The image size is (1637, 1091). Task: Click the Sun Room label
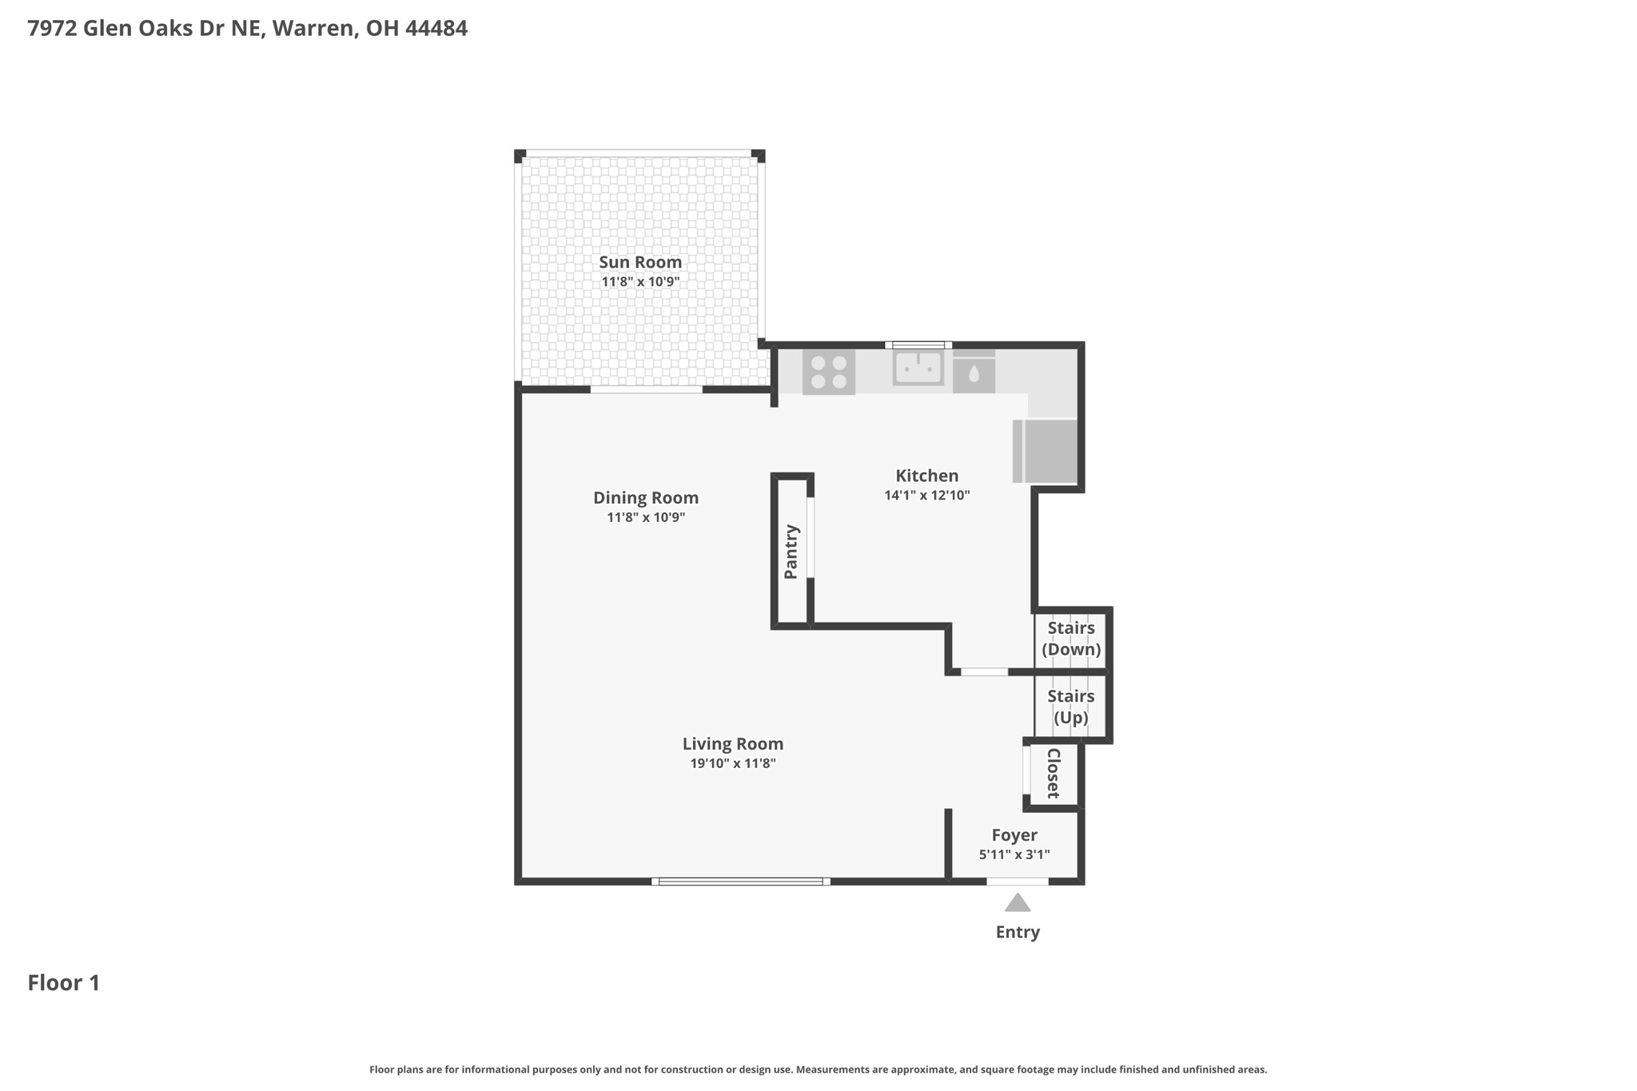pyautogui.click(x=640, y=262)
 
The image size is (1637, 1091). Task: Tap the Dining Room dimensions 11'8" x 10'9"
pyautogui.click(x=646, y=517)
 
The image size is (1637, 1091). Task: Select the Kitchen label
pyautogui.click(x=926, y=476)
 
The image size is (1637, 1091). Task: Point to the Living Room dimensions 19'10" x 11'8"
pyautogui.click(x=733, y=763)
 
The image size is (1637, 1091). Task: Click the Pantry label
pyautogui.click(x=791, y=551)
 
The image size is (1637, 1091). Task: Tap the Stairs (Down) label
pyautogui.click(x=1071, y=639)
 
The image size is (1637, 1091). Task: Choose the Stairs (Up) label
pyautogui.click(x=1071, y=707)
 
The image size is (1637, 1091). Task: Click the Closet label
pyautogui.click(x=1053, y=773)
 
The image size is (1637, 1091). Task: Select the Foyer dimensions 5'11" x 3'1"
pyautogui.click(x=1014, y=854)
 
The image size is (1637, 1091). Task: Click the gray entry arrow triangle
pyautogui.click(x=1018, y=904)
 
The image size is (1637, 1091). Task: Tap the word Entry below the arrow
pyautogui.click(x=1018, y=932)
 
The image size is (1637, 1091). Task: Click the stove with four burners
pyautogui.click(x=829, y=372)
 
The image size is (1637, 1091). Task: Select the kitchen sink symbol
pyautogui.click(x=918, y=368)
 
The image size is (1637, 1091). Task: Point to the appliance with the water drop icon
pyautogui.click(x=974, y=372)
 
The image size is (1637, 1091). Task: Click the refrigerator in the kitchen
pyautogui.click(x=1045, y=451)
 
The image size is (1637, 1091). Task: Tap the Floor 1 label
pyautogui.click(x=64, y=983)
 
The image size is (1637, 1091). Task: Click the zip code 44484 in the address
pyautogui.click(x=436, y=29)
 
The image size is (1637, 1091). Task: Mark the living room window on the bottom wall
pyautogui.click(x=741, y=882)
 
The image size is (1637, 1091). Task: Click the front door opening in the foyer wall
pyautogui.click(x=1018, y=882)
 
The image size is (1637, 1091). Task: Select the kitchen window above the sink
pyautogui.click(x=918, y=345)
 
